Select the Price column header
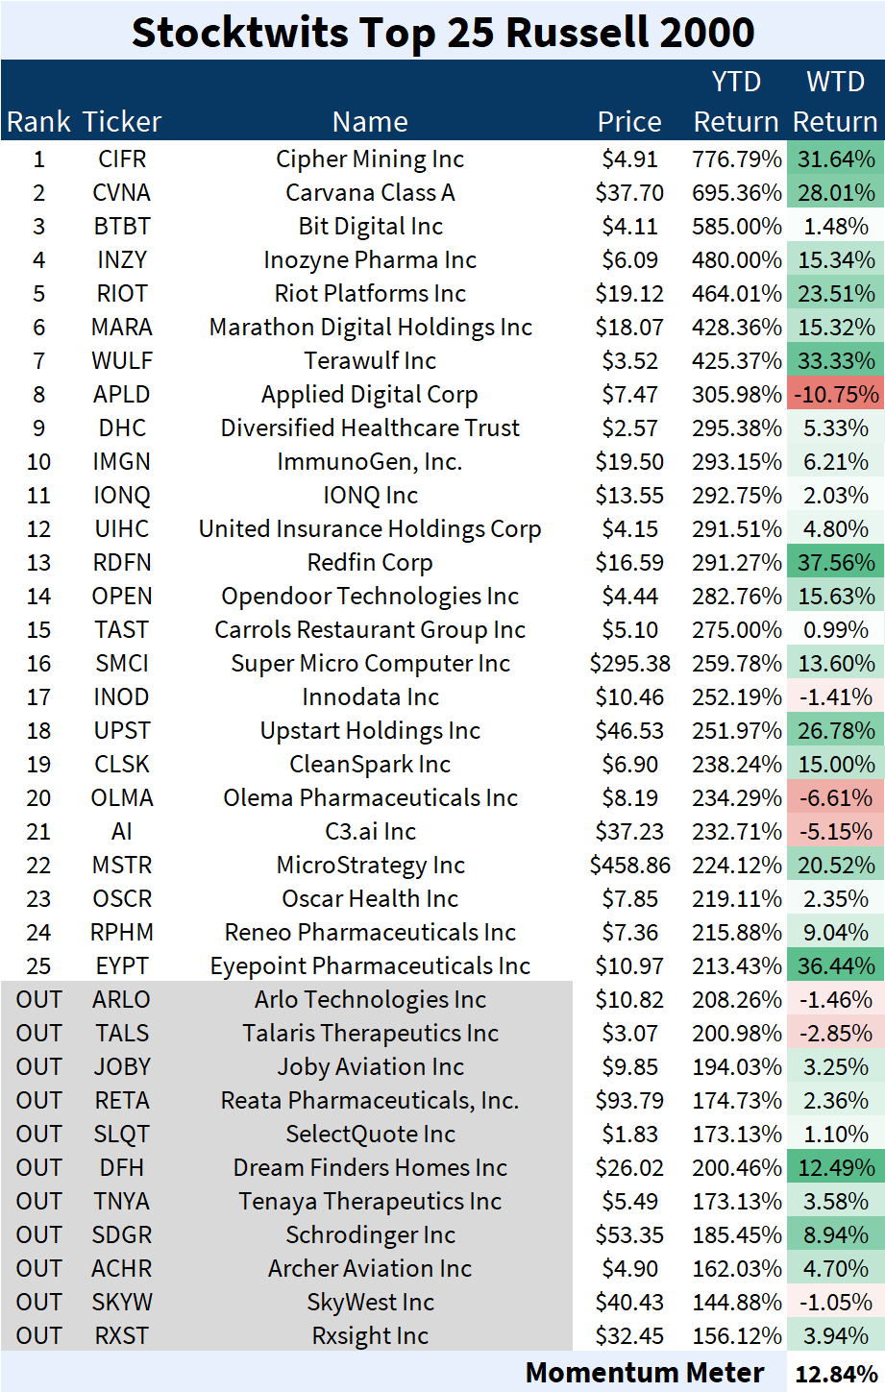(629, 122)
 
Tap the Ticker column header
(122, 122)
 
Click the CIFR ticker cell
(122, 159)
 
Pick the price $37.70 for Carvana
(629, 193)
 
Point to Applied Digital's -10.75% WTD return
(835, 395)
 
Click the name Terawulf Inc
(370, 361)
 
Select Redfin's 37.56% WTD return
(835, 563)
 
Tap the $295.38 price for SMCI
(629, 664)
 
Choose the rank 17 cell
(38, 697)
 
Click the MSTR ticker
(122, 866)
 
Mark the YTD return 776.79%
(737, 159)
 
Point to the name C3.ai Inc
(370, 832)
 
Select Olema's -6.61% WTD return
(835, 798)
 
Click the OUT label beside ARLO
(38, 1000)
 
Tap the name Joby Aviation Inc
(370, 1067)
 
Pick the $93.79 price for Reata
(629, 1101)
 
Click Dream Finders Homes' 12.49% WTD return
(835, 1168)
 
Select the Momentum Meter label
(645, 1373)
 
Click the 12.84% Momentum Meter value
(835, 1375)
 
